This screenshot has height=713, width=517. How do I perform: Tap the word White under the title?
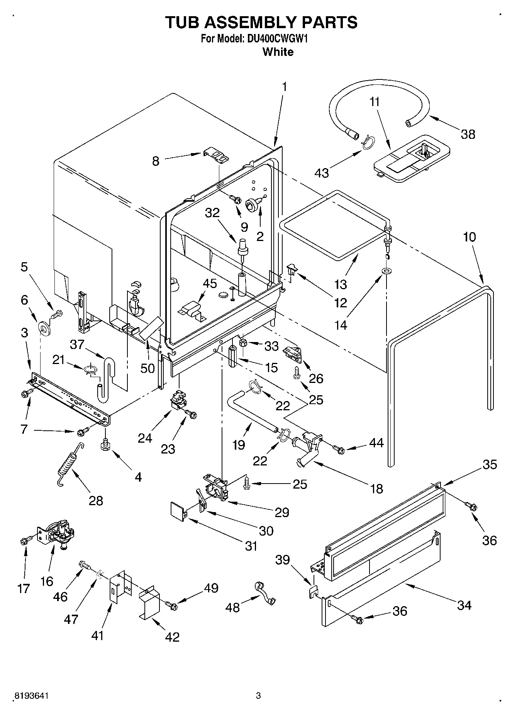[278, 52]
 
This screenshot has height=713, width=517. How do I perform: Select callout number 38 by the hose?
[468, 134]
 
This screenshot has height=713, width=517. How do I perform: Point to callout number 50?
[147, 368]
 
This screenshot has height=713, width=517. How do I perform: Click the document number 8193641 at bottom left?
[31, 696]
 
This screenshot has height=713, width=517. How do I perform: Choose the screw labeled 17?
[24, 541]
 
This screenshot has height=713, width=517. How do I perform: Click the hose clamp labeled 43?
[367, 142]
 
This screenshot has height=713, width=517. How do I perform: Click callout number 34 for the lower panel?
[464, 605]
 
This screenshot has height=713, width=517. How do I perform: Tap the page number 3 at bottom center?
[258, 696]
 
